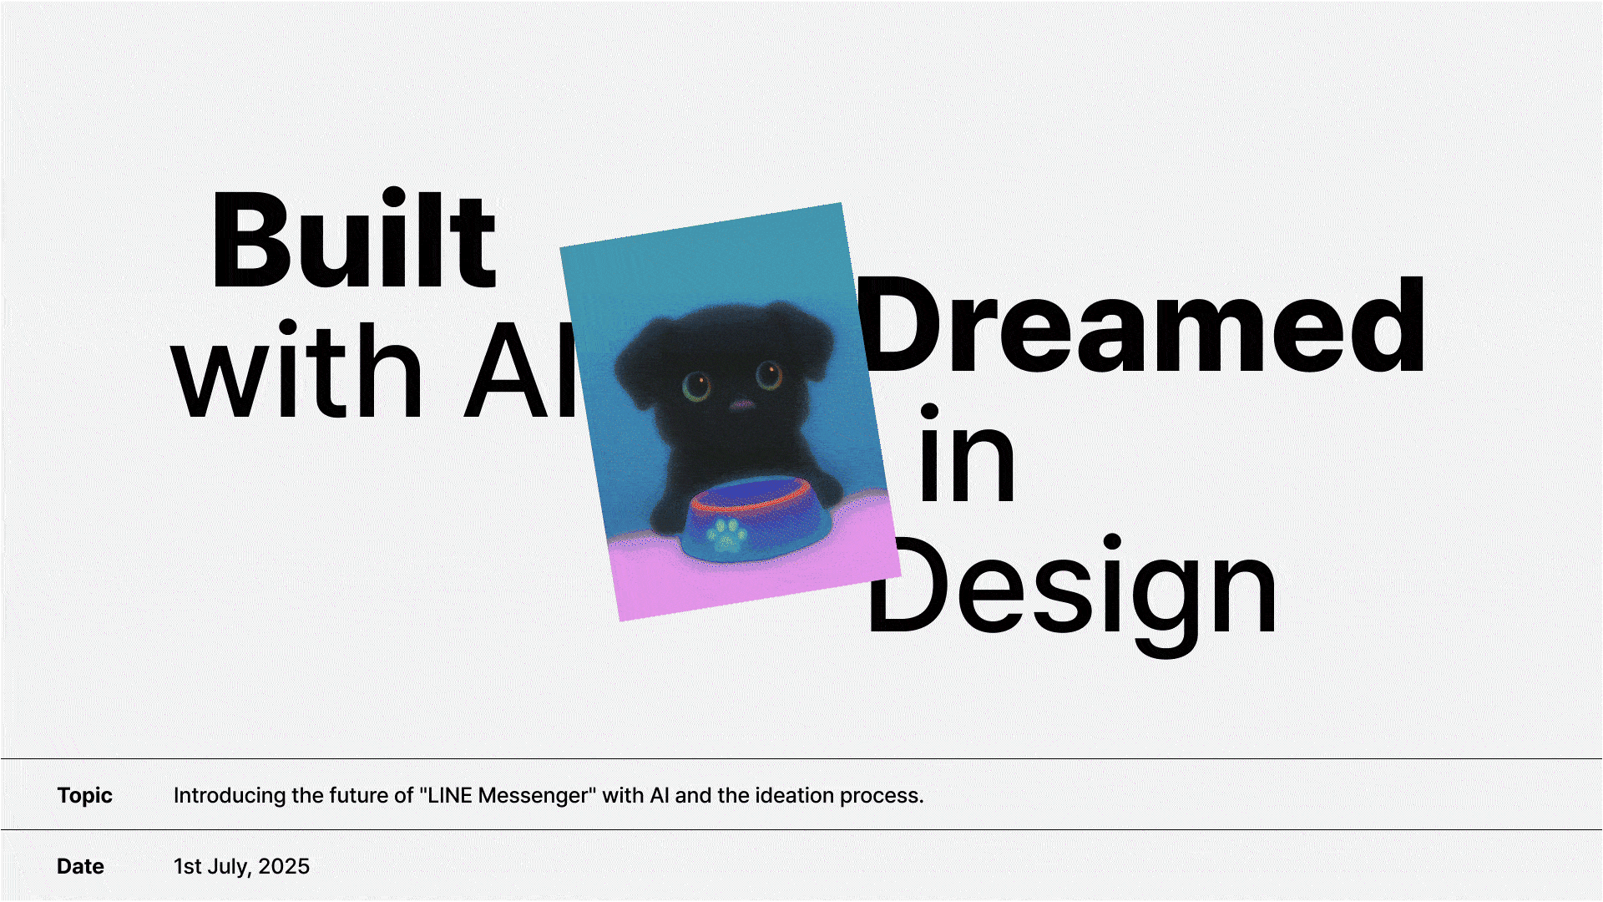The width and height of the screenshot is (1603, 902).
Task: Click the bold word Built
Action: click(x=355, y=240)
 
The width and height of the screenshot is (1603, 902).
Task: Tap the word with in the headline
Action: click(x=297, y=368)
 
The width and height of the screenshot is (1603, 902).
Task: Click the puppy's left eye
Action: click(x=695, y=386)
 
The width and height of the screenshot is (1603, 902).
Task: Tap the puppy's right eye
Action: click(x=768, y=375)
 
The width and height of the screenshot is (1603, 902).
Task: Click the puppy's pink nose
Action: click(x=741, y=405)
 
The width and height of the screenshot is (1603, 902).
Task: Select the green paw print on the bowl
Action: click(x=727, y=535)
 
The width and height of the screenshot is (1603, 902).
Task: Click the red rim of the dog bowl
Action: click(x=751, y=495)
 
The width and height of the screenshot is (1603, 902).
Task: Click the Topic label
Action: click(x=84, y=796)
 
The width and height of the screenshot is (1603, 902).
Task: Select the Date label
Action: click(x=80, y=866)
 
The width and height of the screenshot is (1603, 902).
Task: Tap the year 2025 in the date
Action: click(x=284, y=866)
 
